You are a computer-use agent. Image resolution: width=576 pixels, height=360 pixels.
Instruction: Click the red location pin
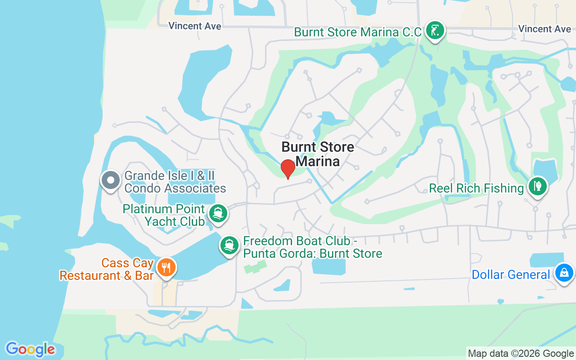pos(288,169)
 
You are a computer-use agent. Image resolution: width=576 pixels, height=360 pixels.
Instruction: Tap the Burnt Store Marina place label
pos(318,154)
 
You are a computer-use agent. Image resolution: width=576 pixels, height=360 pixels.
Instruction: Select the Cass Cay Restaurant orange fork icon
pos(166,268)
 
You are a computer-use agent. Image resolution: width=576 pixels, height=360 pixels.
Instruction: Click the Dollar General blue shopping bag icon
pos(563,273)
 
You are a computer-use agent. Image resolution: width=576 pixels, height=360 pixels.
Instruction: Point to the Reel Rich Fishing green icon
pos(536,186)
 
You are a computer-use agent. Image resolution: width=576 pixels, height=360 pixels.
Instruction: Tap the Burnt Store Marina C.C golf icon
pos(435,31)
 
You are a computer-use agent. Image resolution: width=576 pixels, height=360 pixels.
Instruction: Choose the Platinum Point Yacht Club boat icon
pos(218,213)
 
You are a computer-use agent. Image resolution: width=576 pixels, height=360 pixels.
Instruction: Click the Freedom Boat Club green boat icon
pos(229,245)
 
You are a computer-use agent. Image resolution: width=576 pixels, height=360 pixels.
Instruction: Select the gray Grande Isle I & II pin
pos(111,181)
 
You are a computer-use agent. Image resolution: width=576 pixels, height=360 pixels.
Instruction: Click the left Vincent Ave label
pos(195,26)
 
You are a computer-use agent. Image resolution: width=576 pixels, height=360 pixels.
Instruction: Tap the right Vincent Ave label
pos(544,29)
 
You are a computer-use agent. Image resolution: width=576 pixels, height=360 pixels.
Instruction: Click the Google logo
pos(30,349)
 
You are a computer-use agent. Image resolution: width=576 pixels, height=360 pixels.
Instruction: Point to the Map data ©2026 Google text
pos(521,354)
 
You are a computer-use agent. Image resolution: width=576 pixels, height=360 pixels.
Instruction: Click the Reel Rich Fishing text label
pos(477,188)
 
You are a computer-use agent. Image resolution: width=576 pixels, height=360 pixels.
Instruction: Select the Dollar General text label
pos(511,274)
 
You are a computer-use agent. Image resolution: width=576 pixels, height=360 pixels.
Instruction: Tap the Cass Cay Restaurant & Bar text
pos(107,269)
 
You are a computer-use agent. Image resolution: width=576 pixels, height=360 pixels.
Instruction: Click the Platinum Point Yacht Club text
pos(164,215)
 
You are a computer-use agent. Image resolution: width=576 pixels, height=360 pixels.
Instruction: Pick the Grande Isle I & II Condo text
pos(175,182)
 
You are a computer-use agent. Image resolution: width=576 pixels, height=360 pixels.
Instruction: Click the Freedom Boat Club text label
pos(313,247)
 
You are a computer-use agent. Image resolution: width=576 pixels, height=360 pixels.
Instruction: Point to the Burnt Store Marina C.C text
pos(358,32)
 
